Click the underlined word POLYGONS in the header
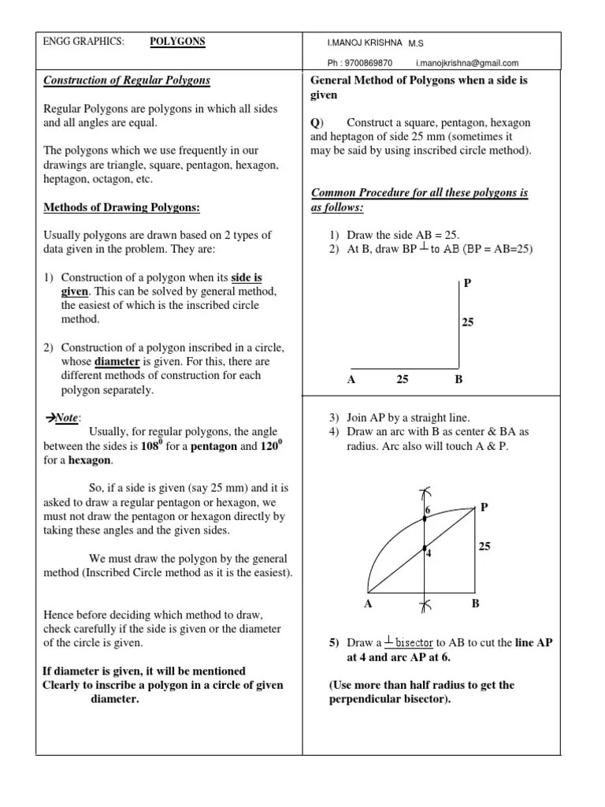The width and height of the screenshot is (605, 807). pos(177,42)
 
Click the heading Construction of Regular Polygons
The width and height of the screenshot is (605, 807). pos(126,80)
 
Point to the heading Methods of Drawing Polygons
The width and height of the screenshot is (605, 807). pos(121,208)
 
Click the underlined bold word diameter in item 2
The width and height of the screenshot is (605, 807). pos(117,362)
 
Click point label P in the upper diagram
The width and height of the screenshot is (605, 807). pos(466,283)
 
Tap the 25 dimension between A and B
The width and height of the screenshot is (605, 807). pos(403,380)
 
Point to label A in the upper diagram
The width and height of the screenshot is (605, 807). pos(351,380)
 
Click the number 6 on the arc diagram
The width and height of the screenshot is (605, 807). pos(429,511)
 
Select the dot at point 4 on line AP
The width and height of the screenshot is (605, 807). pos(424,548)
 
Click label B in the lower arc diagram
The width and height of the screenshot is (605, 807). pos(475,604)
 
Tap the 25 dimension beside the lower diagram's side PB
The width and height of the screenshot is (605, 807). pos(484,546)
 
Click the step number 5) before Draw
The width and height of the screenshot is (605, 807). pos(334,643)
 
